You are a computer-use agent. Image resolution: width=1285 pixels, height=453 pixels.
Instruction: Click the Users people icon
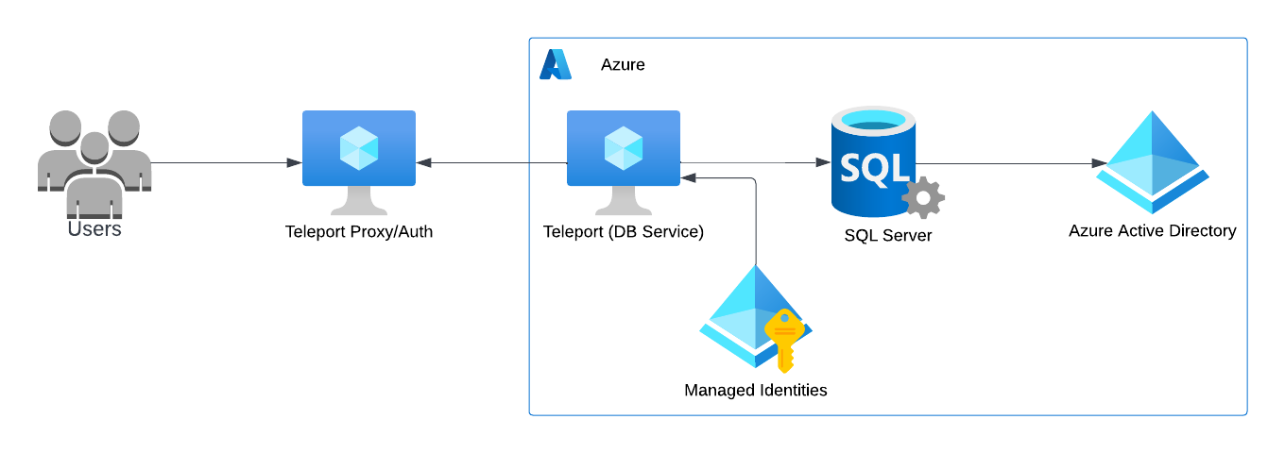tap(94, 160)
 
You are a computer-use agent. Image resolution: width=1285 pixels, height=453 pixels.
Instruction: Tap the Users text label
tap(94, 228)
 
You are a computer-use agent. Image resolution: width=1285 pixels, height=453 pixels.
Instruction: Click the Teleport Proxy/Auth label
tap(359, 231)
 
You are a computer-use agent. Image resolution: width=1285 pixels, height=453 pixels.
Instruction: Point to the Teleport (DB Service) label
tap(624, 231)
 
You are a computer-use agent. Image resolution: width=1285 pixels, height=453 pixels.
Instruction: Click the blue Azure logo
tap(556, 64)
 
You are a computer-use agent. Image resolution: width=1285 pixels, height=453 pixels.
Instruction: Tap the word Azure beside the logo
tap(623, 65)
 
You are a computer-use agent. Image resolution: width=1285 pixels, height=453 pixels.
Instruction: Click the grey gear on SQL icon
tap(922, 197)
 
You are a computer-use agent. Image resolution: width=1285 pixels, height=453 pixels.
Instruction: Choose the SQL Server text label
tap(888, 235)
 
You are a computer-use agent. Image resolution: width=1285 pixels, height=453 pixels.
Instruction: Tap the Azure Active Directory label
tap(1153, 231)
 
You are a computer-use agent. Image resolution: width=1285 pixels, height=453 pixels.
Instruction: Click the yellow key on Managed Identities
tap(782, 340)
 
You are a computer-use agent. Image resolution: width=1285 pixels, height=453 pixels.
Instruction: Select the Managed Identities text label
tap(756, 390)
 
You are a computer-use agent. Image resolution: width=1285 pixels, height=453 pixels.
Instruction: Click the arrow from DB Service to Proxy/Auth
tap(491, 163)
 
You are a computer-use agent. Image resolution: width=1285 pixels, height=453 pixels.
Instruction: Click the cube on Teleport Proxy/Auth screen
tap(359, 147)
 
